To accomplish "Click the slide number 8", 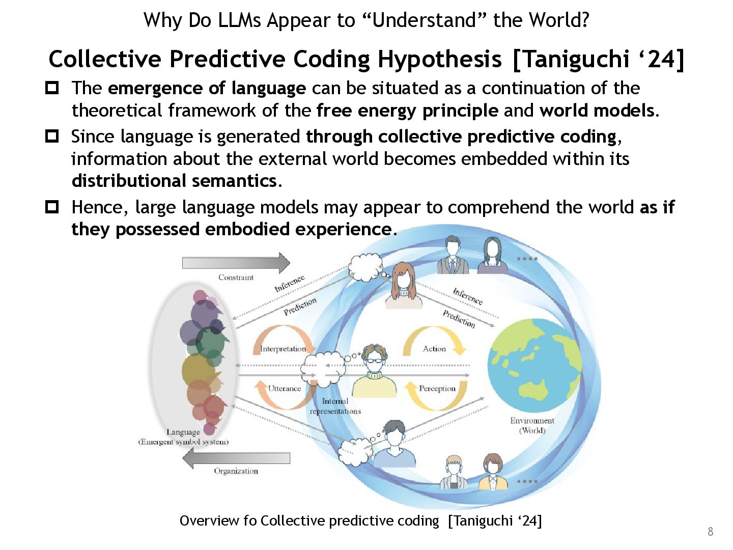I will tap(710, 532).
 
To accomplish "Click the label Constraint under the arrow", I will tap(236, 278).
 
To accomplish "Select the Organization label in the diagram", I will tap(236, 471).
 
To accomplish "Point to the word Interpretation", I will tap(283, 349).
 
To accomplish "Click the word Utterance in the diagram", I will tap(284, 389).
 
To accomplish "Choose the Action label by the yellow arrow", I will tap(434, 349).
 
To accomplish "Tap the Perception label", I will tap(437, 389).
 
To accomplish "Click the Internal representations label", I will tap(335, 406).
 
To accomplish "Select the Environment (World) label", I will tap(532, 425).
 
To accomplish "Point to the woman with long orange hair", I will tap(403, 285).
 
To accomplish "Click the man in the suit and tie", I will tap(453, 256).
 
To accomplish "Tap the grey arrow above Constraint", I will tap(236, 263).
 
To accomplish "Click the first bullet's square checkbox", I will tap(52, 88).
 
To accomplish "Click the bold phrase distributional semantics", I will tap(174, 181).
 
